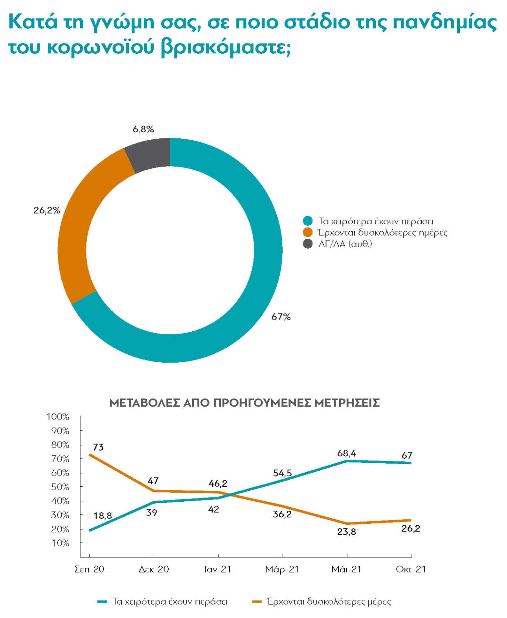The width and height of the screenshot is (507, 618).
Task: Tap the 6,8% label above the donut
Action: pos(143,129)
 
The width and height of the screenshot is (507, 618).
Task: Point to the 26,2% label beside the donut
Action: pos(47,210)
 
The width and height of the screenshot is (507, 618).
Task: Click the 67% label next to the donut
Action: pos(281,317)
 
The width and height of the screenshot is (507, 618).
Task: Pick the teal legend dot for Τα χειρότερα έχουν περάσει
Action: pos(308,221)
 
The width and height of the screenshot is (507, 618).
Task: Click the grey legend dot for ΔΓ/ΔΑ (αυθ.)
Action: pos(308,244)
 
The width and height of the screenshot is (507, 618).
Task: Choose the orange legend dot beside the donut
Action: pos(308,233)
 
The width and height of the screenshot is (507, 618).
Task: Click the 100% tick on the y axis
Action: pos(58,416)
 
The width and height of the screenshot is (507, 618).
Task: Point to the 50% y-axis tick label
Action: pos(60,487)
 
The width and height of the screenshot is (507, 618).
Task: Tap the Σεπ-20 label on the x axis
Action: pos(89,569)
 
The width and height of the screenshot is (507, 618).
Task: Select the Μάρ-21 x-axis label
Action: pos(282,569)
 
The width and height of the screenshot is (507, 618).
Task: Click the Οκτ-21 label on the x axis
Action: pos(411,569)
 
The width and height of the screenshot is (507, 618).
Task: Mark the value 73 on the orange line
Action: pos(98,447)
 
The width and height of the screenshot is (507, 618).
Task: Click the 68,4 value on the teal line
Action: pos(346,453)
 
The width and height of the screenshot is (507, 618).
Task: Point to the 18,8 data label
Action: pos(103,515)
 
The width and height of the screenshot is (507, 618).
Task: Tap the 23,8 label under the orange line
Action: pos(346,532)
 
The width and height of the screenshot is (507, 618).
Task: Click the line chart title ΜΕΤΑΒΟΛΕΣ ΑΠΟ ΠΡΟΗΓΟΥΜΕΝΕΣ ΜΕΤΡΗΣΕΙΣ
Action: pos(244,403)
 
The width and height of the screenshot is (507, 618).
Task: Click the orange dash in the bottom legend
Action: pos(257,601)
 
